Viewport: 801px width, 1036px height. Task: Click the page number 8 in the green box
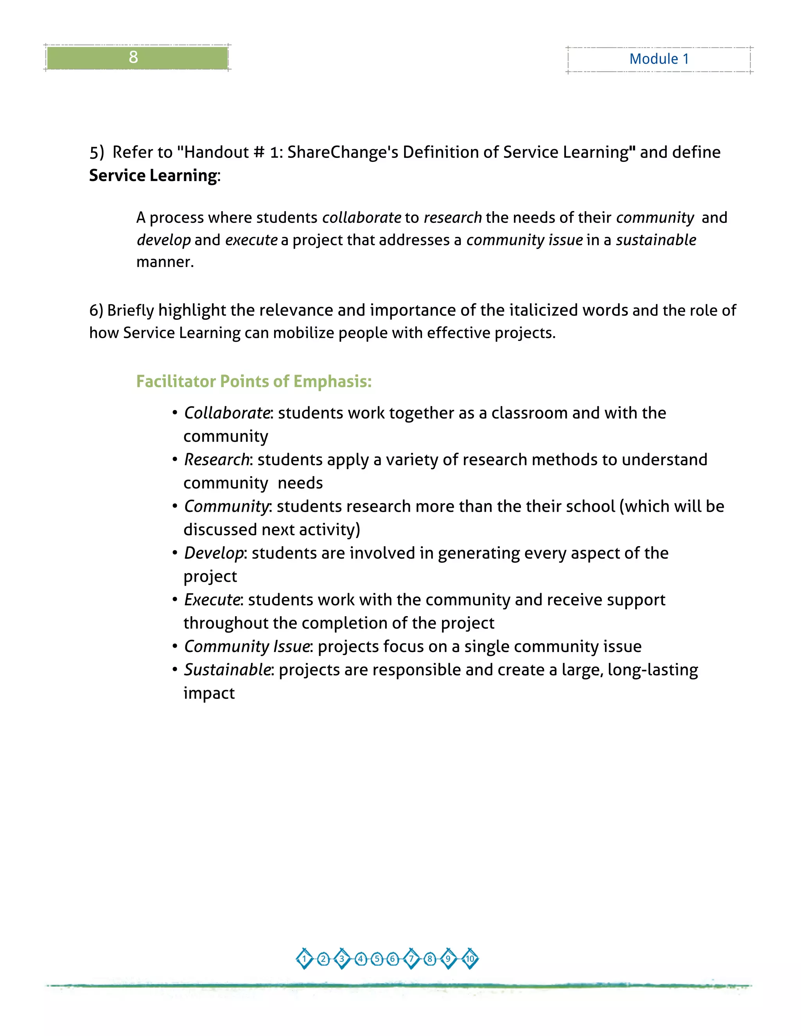coord(133,57)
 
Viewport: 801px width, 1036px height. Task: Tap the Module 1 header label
coord(659,59)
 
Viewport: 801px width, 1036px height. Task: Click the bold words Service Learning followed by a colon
coord(153,176)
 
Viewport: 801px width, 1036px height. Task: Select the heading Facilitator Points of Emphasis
coord(254,382)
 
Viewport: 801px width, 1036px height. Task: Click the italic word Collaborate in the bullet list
coord(227,413)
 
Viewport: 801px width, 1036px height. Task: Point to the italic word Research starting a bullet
coord(216,460)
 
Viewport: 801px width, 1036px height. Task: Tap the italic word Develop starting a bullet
coord(214,553)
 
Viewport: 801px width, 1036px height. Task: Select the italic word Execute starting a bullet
coord(212,600)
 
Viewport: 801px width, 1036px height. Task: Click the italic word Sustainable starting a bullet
coord(227,670)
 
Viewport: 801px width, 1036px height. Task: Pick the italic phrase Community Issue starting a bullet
coord(247,647)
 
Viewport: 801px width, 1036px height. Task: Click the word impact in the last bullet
coord(209,693)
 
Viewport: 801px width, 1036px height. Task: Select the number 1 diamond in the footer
coord(304,959)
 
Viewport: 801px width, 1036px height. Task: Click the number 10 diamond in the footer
coord(470,959)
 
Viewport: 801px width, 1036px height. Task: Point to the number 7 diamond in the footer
coord(411,959)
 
